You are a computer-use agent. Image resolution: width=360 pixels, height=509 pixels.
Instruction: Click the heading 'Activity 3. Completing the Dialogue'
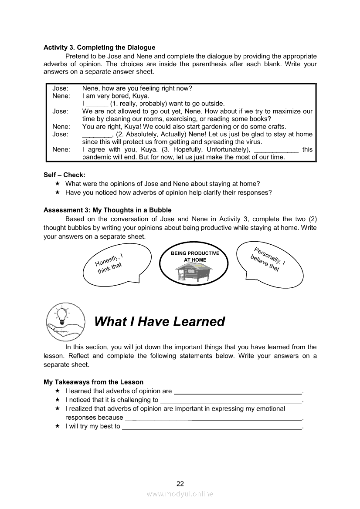point(99,47)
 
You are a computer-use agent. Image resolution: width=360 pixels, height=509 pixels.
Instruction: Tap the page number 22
point(180,483)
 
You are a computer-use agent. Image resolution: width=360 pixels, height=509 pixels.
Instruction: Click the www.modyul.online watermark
point(180,494)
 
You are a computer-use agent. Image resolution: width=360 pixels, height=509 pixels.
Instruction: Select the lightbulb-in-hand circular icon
point(65,322)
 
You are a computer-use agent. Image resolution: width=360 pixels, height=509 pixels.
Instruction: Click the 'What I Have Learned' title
point(160,321)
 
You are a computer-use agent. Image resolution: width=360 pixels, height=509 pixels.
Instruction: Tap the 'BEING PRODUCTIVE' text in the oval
point(195,253)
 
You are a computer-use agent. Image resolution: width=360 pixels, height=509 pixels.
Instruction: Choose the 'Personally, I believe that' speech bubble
point(269,263)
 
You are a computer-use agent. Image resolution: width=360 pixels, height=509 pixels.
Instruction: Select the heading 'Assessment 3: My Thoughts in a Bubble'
point(108,210)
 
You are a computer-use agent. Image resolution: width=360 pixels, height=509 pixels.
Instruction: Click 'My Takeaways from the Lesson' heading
point(93,382)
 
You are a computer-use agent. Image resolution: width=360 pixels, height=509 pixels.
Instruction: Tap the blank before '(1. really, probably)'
point(97,104)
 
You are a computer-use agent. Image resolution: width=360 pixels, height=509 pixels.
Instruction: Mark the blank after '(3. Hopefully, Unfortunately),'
point(276,149)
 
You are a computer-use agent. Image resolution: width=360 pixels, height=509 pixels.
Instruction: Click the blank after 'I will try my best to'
point(212,427)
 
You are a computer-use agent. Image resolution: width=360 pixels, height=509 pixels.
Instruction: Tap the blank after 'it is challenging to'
point(231,400)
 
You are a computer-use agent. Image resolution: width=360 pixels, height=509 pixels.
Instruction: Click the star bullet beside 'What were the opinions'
point(57,184)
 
